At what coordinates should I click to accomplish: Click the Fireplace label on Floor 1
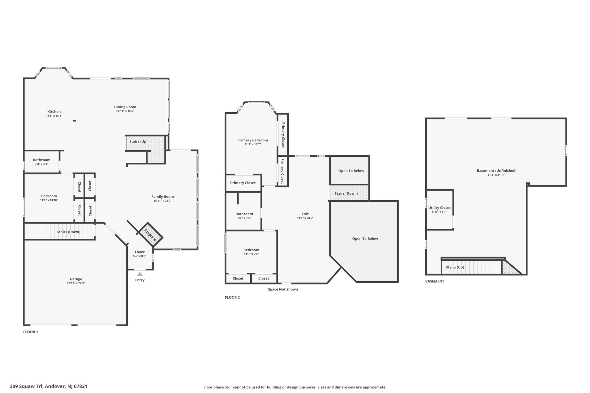150,235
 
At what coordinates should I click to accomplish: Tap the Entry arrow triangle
140,274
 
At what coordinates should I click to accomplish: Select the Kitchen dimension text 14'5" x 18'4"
54,116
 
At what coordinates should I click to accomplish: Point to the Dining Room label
125,107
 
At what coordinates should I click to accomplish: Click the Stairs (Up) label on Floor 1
138,141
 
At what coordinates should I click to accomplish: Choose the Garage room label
76,279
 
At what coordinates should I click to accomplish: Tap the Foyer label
140,252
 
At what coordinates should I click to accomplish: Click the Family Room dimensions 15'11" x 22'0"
163,201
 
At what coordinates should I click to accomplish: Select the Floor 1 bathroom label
41,160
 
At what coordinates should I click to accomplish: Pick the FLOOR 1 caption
31,332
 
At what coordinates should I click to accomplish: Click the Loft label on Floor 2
305,214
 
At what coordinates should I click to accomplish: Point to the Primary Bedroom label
253,140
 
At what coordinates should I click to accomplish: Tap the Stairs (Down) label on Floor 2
346,193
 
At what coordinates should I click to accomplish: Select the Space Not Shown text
283,289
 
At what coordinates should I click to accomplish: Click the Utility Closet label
439,208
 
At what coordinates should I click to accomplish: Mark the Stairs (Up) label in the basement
455,267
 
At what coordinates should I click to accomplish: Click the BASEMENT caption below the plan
435,281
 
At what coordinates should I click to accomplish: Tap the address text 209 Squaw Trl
27,386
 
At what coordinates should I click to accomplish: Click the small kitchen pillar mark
75,121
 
